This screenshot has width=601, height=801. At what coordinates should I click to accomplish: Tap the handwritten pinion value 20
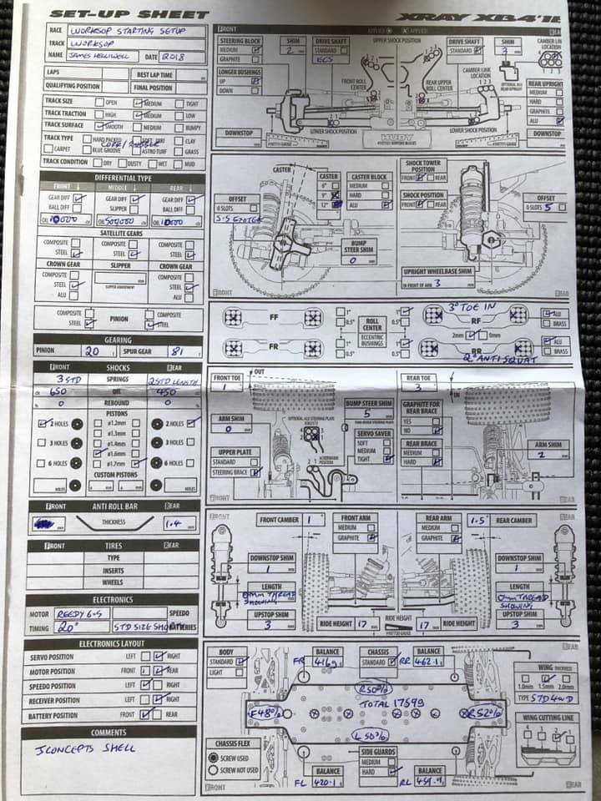[x=92, y=351]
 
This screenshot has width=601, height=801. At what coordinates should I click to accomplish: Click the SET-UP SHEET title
[x=129, y=14]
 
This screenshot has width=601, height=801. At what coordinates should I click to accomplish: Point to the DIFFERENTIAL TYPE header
[x=123, y=178]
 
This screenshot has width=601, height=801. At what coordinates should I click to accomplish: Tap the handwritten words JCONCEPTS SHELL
[x=86, y=748]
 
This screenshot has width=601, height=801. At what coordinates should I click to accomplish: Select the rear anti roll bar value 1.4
[x=174, y=523]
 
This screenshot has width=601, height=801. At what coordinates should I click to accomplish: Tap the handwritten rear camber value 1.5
[x=477, y=520]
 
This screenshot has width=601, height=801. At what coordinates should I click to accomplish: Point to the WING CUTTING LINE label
[x=547, y=718]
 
